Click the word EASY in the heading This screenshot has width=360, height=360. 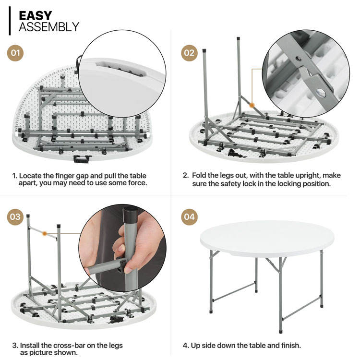point(36,16)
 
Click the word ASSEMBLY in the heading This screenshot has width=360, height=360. point(49,27)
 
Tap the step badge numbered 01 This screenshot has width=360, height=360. point(15,53)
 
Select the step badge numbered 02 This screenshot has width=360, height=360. point(189,53)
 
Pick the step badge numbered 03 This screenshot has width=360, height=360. point(15,217)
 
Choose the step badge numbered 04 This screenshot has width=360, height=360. point(189,217)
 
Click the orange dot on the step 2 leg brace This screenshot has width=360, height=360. point(252,106)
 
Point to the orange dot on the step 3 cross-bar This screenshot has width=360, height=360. point(45,233)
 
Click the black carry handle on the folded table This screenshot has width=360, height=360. point(81,159)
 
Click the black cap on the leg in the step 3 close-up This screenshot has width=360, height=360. point(130,216)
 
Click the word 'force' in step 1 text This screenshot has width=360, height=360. point(138,183)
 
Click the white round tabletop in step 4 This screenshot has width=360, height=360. point(267,239)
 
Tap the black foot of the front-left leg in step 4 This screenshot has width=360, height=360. point(211,312)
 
